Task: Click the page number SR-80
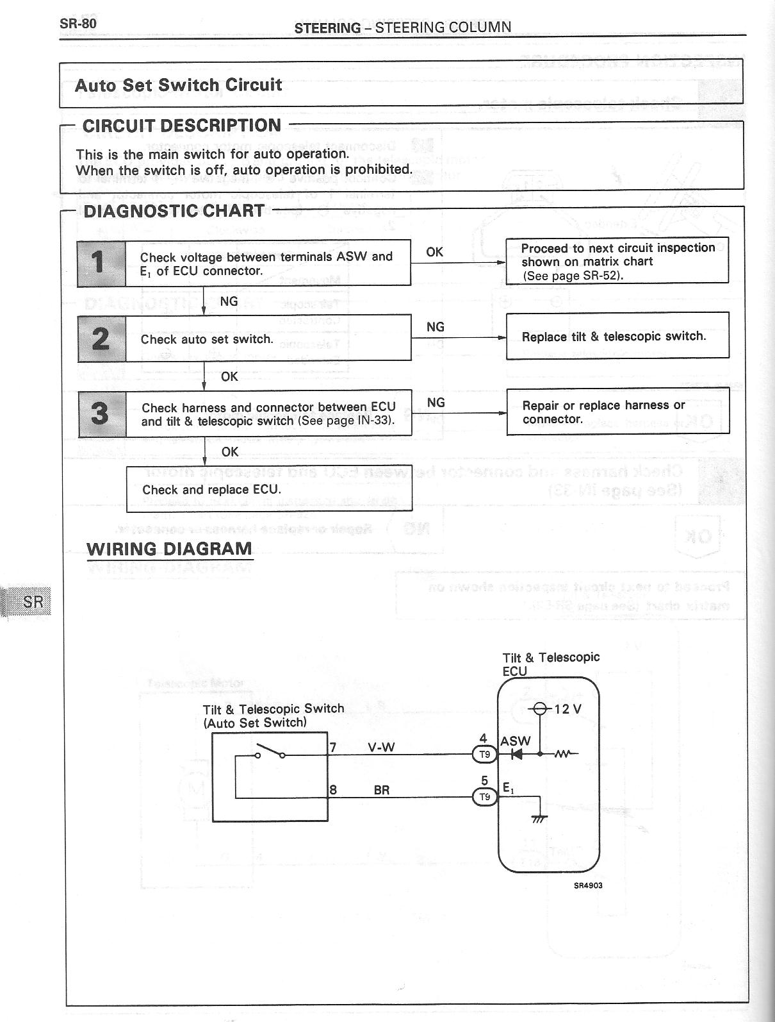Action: tap(78, 23)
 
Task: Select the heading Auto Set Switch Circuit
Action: tap(178, 85)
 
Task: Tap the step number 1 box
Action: tap(101, 263)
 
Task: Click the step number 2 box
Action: tap(101, 338)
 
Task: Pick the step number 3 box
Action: tap(101, 414)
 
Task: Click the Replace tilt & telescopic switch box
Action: tap(617, 336)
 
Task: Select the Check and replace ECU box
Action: tap(268, 489)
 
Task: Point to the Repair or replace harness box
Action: tap(617, 412)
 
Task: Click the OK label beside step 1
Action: tap(434, 252)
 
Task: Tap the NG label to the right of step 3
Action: tap(436, 403)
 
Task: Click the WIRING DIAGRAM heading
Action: tap(169, 549)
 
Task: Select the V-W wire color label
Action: tap(381, 747)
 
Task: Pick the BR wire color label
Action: tap(381, 791)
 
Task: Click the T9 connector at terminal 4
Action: tap(484, 755)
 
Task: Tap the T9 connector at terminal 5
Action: tap(484, 797)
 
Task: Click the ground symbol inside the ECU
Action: tap(540, 817)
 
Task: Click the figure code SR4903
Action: tap(587, 885)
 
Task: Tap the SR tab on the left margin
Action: tap(33, 602)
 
